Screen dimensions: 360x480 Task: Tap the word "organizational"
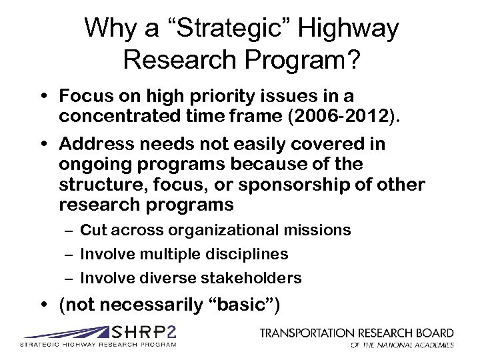[214, 231]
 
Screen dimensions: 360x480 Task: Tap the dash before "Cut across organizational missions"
[68, 231]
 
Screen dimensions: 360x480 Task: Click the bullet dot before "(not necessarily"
[43, 305]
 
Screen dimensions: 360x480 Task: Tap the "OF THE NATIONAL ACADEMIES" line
[403, 345]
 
